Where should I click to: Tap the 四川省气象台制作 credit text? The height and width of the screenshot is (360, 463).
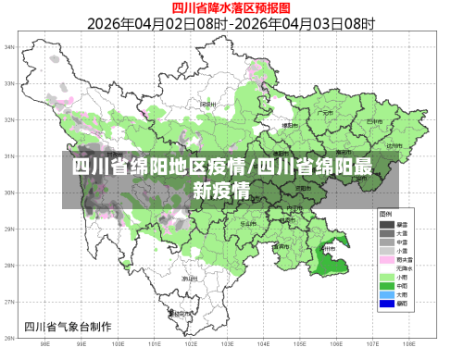(67, 325)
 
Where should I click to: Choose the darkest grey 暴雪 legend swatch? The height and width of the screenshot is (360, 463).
(386, 224)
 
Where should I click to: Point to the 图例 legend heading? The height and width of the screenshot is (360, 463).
(397, 214)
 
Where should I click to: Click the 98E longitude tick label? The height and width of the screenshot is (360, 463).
(45, 344)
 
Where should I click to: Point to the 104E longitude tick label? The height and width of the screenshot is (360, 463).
(262, 344)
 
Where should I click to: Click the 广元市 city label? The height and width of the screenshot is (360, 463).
(324, 114)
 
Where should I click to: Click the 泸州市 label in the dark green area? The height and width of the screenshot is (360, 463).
(327, 247)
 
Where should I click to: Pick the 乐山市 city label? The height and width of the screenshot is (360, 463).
(248, 223)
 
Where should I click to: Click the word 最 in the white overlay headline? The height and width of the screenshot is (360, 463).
(363, 168)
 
